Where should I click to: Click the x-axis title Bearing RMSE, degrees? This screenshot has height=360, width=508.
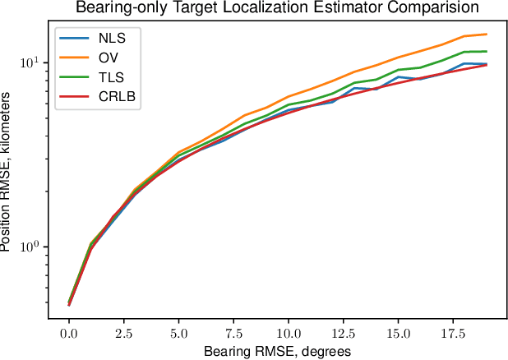tap(278, 350)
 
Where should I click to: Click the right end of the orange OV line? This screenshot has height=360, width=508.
tap(487, 35)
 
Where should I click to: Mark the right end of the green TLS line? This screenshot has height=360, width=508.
tap(487, 51)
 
